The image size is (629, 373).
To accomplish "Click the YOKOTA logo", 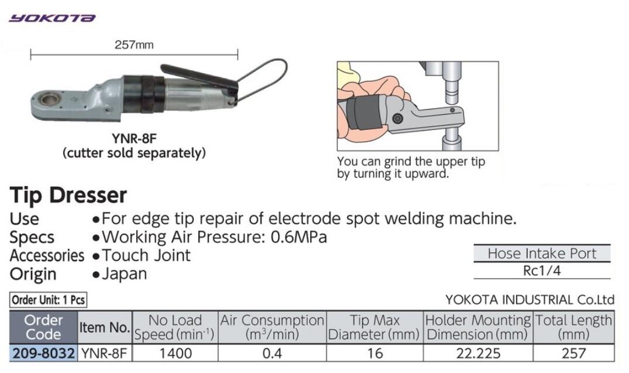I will point(52,18).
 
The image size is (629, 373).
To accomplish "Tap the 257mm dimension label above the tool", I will point(134,45).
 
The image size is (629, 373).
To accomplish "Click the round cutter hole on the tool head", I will point(50,99).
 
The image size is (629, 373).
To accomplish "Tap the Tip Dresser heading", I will point(68,195).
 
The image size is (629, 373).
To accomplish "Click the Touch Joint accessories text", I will point(146,255).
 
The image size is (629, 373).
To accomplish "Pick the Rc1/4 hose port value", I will point(542,271).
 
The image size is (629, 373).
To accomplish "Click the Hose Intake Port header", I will point(542,254).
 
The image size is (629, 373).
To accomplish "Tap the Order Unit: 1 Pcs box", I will point(48,300).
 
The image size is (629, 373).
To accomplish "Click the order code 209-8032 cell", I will point(43,353).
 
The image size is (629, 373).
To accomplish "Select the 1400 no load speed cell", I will point(175,353).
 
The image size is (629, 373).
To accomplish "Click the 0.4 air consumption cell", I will point(272,353).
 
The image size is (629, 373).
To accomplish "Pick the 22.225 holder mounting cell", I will point(478,353).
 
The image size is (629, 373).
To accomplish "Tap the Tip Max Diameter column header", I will point(374,328).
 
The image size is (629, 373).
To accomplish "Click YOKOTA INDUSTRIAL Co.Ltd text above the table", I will point(530,300).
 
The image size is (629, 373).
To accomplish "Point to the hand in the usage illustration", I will point(374,88).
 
